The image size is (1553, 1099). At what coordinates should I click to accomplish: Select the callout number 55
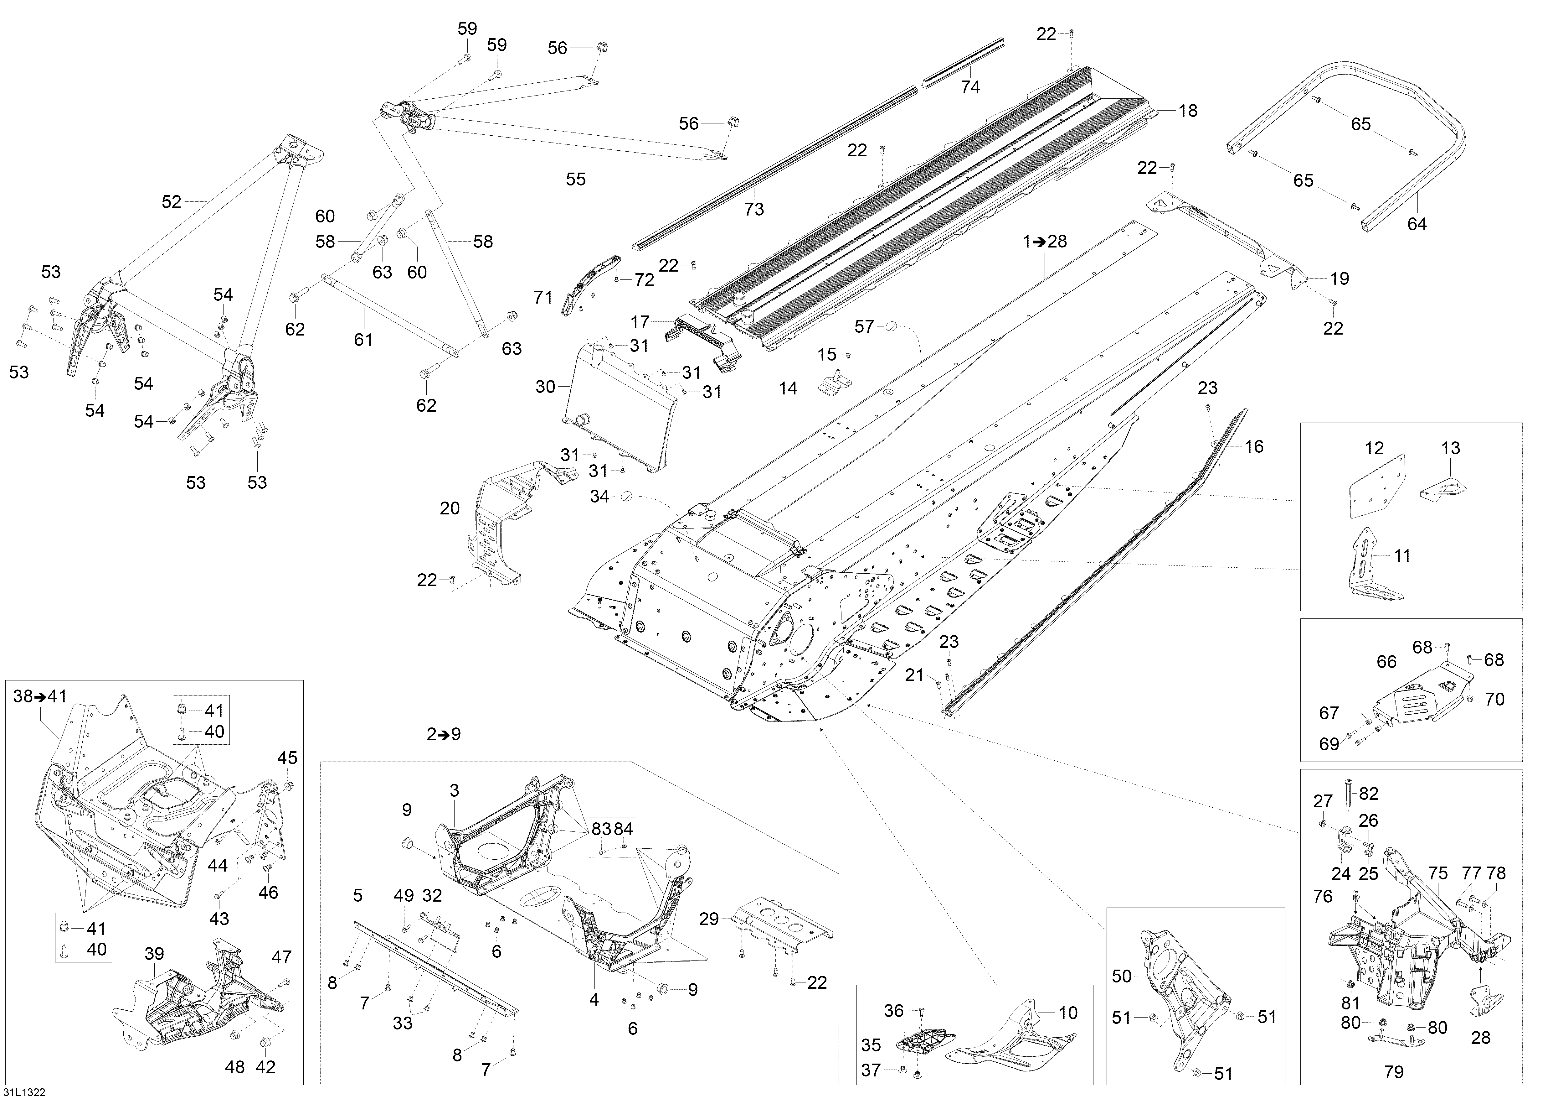click(576, 179)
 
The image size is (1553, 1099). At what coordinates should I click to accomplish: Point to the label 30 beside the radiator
click(545, 387)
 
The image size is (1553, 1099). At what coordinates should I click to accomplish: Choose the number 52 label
click(172, 202)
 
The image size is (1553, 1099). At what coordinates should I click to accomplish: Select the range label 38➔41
click(41, 696)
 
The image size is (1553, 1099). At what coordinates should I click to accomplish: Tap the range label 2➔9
click(444, 734)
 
